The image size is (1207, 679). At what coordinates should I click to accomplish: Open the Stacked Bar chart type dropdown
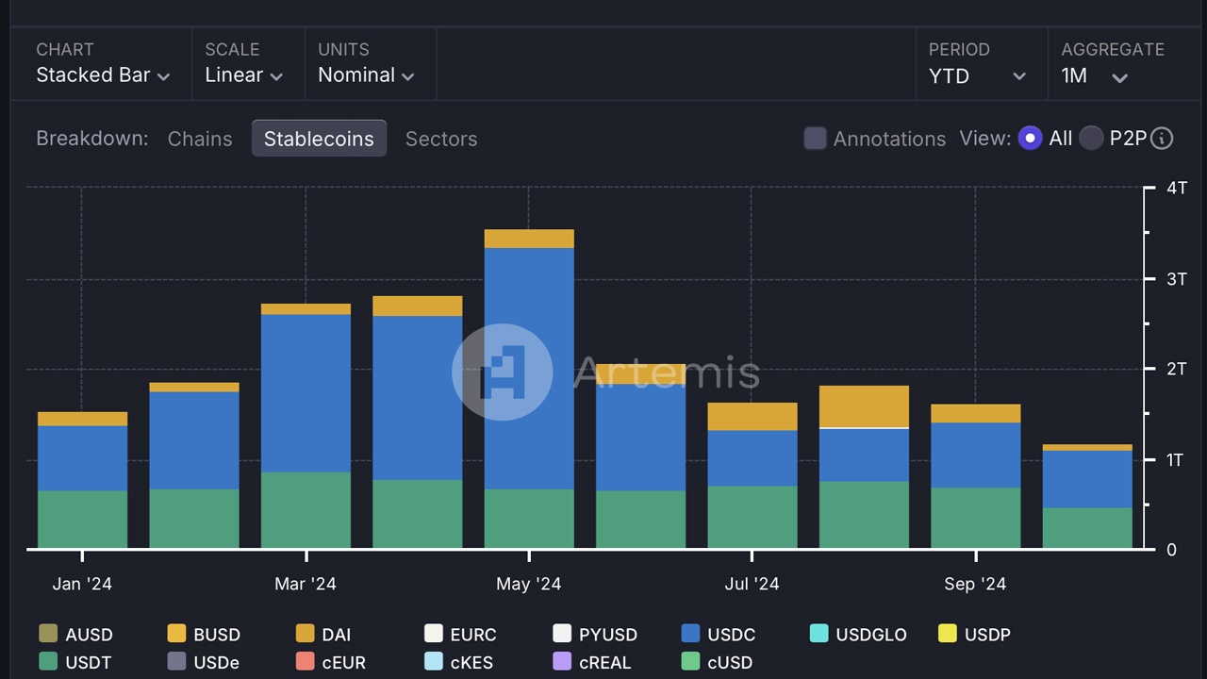click(103, 75)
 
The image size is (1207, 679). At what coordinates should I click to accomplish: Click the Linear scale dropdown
click(243, 75)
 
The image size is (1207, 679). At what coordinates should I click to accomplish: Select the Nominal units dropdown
click(366, 75)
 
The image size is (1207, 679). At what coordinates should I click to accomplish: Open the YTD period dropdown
click(977, 76)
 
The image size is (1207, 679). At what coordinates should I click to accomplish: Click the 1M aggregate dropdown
click(1094, 76)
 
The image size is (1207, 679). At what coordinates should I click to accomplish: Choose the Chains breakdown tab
click(200, 139)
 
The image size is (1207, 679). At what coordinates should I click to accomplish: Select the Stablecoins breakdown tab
click(319, 139)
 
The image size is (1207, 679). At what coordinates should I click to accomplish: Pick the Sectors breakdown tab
click(441, 139)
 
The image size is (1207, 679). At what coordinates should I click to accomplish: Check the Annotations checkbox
click(815, 139)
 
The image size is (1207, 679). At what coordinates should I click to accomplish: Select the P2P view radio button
click(1091, 139)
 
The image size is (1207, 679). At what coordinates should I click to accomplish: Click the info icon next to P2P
click(1163, 139)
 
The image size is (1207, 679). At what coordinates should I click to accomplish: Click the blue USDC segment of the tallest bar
click(529, 368)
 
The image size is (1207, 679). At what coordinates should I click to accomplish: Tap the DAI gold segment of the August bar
click(864, 406)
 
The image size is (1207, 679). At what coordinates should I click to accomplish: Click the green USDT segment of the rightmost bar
click(1087, 528)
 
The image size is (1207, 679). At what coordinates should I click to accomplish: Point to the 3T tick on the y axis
click(1176, 279)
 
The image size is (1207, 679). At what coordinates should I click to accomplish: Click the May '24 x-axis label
click(529, 585)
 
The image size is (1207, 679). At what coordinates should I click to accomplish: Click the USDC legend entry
click(719, 635)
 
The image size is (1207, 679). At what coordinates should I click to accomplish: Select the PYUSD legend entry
click(595, 635)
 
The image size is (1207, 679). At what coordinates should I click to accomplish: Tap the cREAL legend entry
click(592, 663)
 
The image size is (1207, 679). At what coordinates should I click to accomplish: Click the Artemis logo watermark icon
click(503, 372)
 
